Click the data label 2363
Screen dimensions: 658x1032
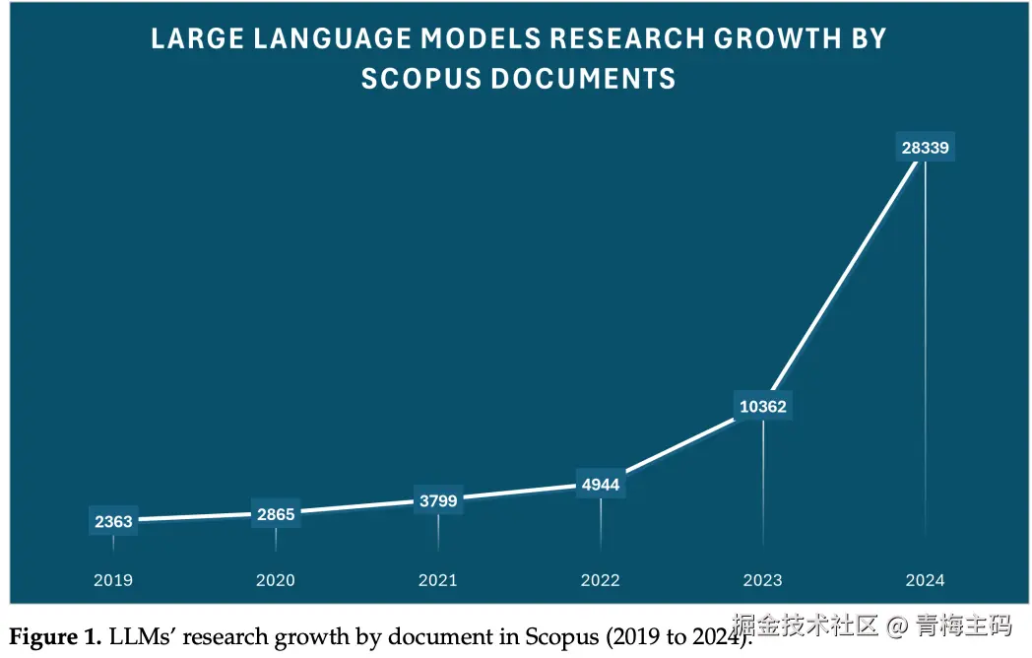click(x=113, y=521)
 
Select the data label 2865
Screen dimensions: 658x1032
click(x=276, y=513)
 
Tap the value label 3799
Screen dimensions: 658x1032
click(x=438, y=500)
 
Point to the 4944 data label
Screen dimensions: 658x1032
click(x=601, y=485)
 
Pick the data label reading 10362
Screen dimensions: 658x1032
click(x=763, y=406)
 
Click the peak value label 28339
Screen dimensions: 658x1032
click(x=926, y=148)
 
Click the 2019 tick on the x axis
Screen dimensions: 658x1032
click(x=113, y=580)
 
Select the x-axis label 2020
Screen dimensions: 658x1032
click(x=276, y=580)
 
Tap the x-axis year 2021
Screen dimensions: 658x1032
click(x=438, y=580)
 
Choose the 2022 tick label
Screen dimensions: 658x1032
click(x=601, y=580)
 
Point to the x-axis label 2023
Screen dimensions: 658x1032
click(x=763, y=580)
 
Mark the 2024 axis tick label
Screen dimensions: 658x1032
click(x=926, y=580)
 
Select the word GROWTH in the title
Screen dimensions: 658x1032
click(x=777, y=38)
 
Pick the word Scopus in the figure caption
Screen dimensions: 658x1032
click(x=557, y=637)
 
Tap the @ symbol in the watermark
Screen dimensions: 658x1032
click(x=896, y=625)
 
